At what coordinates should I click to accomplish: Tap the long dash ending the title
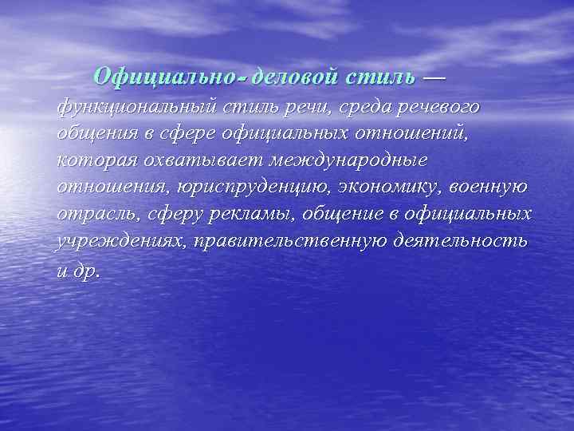click(433, 77)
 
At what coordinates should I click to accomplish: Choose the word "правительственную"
click(293, 242)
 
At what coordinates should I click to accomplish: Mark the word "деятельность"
click(461, 242)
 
